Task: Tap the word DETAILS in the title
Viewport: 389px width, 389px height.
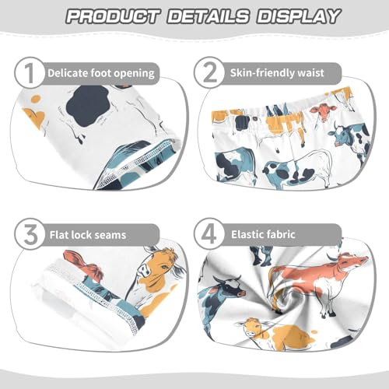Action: tap(214, 16)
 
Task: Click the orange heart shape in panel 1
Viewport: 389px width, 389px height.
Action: tap(33, 117)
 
